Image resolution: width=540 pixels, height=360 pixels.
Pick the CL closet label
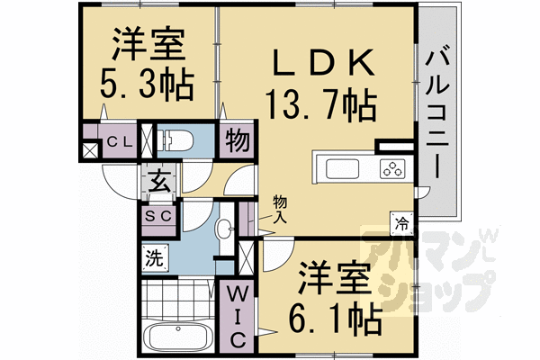click(120, 141)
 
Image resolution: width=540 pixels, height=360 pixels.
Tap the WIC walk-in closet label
click(235, 316)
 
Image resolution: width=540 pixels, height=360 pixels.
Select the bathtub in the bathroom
click(178, 341)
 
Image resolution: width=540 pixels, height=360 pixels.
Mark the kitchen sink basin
click(342, 168)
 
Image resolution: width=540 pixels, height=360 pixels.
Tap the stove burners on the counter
click(392, 168)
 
